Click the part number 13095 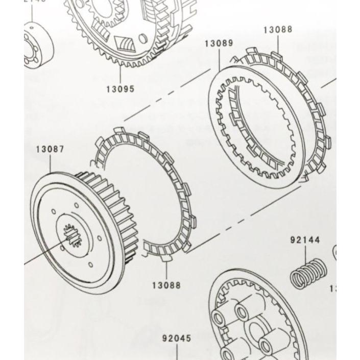(x=120, y=89)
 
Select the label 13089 (x=219, y=43)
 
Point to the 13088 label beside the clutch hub (x=166, y=285)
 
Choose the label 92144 (x=305, y=239)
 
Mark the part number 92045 (x=177, y=338)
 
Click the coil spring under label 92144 (x=308, y=274)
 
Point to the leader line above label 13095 (x=121, y=75)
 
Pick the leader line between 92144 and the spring (x=305, y=253)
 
